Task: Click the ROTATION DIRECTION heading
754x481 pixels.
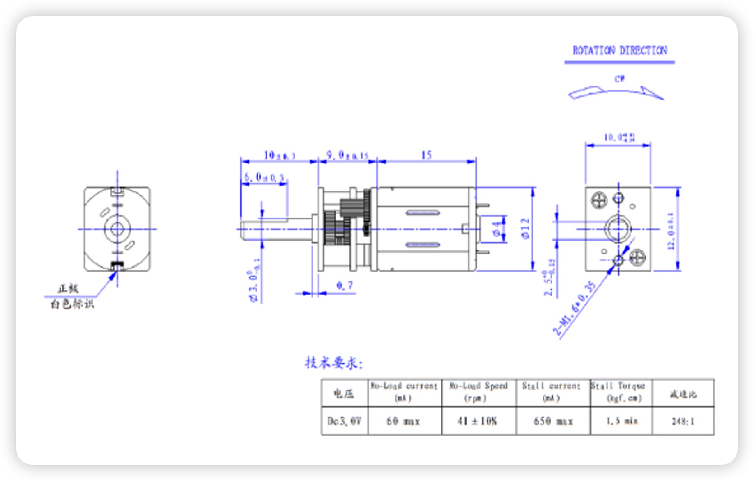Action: pyautogui.click(x=620, y=50)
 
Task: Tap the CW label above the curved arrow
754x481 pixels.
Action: pyautogui.click(x=620, y=79)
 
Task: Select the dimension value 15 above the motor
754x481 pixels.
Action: pyautogui.click(x=426, y=155)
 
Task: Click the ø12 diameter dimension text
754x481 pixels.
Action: pyautogui.click(x=525, y=228)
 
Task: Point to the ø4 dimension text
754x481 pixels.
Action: pyautogui.click(x=497, y=229)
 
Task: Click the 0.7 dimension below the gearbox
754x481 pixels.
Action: pyautogui.click(x=345, y=286)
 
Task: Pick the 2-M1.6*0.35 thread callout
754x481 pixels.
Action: pyautogui.click(x=574, y=309)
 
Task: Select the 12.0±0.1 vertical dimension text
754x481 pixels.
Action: pyautogui.click(x=671, y=231)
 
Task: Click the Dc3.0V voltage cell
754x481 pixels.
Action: pyautogui.click(x=345, y=421)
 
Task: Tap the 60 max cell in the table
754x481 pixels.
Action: pyautogui.click(x=404, y=421)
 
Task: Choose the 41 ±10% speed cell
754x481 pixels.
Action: pyautogui.click(x=477, y=421)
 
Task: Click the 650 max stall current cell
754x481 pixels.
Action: pyautogui.click(x=553, y=421)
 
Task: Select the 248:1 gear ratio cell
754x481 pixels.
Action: pyautogui.click(x=683, y=422)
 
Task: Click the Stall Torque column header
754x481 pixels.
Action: pyautogui.click(x=621, y=392)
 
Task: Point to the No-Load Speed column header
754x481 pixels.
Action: pyautogui.click(x=478, y=392)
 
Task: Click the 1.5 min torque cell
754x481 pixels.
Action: pyautogui.click(x=621, y=421)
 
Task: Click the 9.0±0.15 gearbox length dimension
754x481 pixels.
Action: pyautogui.click(x=347, y=155)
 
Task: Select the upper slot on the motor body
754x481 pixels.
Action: pyautogui.click(x=423, y=213)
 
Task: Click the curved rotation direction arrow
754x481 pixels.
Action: pyautogui.click(x=616, y=92)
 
